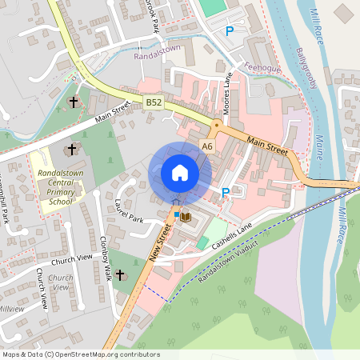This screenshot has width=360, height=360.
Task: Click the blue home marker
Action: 180,173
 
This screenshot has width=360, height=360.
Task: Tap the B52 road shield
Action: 154,102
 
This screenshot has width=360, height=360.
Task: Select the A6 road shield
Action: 207,146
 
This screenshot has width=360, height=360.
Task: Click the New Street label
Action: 160,242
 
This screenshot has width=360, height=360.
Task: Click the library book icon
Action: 186,217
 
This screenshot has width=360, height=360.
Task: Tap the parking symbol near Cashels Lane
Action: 226,192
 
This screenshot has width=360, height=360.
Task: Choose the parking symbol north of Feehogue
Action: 230,31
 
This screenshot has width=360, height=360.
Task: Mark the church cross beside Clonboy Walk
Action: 120,275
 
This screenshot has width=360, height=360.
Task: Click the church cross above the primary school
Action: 72,150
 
